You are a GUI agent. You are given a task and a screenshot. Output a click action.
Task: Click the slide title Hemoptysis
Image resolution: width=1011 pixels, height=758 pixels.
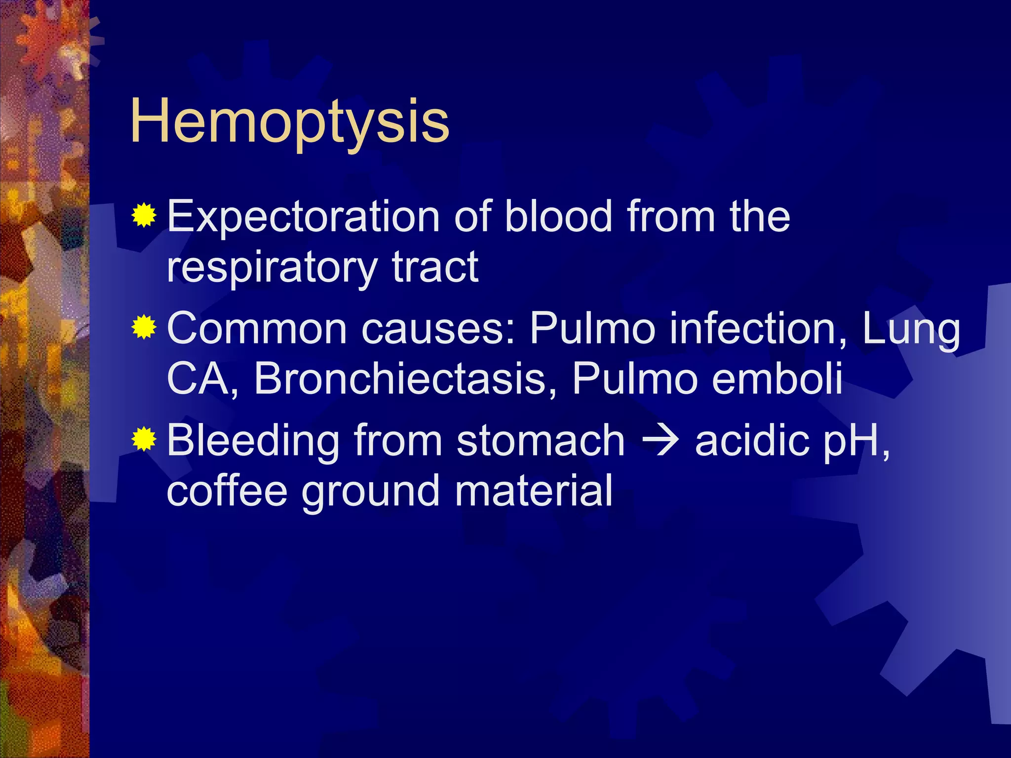coord(290,121)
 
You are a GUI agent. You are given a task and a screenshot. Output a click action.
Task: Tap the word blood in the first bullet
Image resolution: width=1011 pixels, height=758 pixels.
coord(559,217)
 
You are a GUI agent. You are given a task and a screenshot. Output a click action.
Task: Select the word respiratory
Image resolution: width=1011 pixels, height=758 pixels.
coord(272,267)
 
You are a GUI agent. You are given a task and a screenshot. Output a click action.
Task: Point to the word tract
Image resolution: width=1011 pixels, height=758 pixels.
coord(435,267)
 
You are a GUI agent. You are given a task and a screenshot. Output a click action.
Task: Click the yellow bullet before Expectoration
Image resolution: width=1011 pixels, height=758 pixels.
coord(144,216)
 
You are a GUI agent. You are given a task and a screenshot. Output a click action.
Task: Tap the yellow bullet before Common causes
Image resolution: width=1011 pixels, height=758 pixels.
coord(144,327)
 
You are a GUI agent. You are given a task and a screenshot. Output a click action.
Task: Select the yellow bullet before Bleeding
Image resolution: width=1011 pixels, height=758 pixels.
coord(144,439)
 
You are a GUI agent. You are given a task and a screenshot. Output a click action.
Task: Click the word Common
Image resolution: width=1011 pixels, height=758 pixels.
coord(257,329)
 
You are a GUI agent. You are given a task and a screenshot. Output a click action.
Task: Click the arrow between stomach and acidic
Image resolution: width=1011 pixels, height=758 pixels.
coord(660,441)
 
